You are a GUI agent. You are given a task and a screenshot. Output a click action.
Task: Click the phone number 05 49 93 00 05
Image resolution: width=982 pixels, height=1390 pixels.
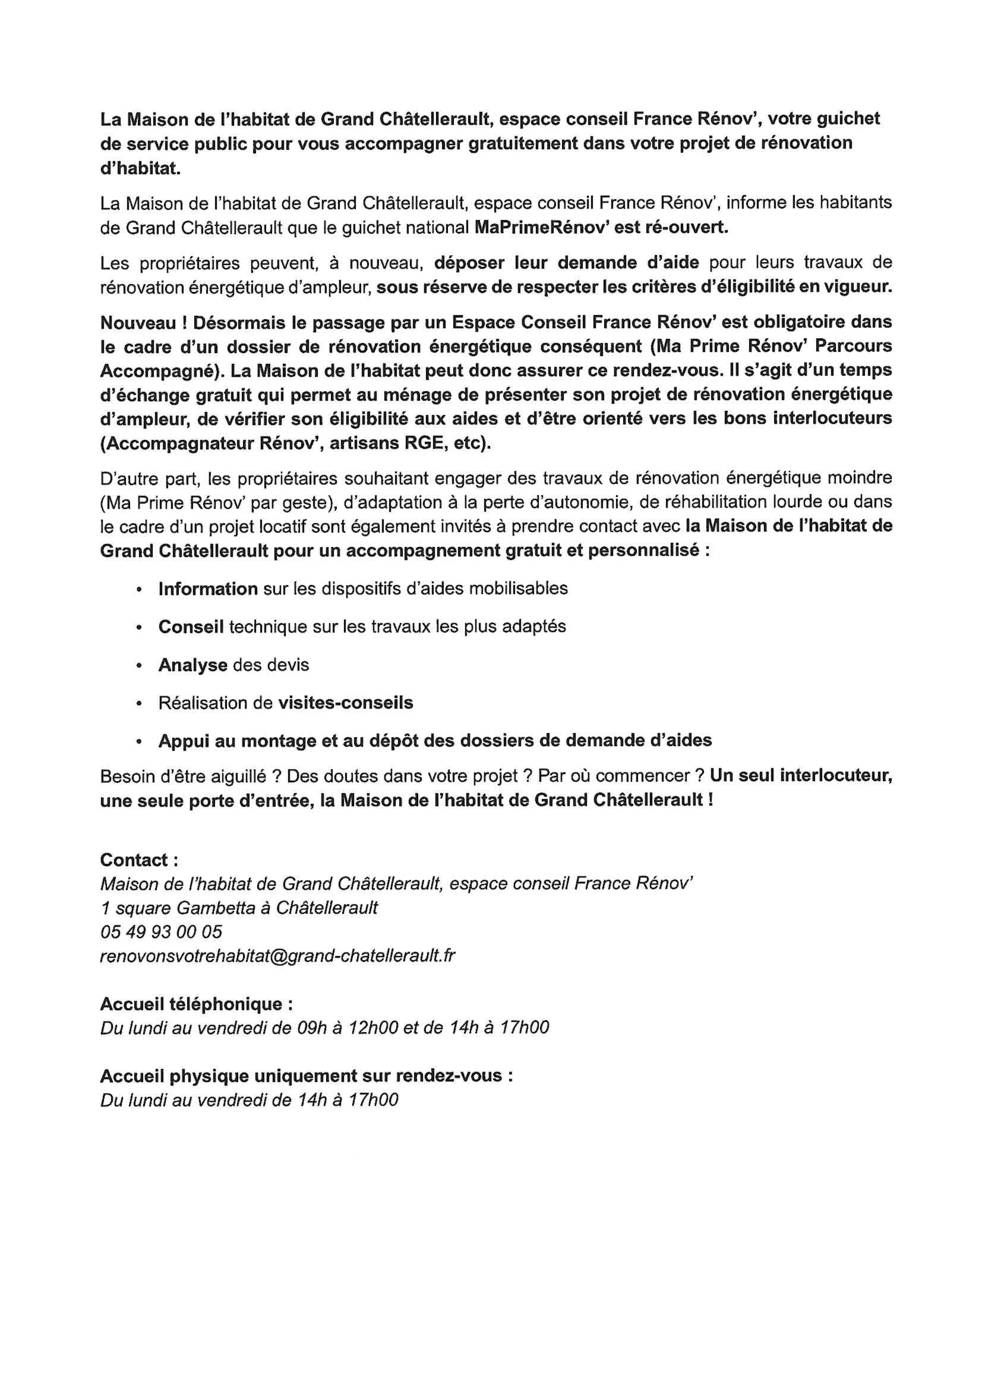[x=161, y=931]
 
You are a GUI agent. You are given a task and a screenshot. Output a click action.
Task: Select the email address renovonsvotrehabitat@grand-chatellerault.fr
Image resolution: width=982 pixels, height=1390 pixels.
[x=277, y=955]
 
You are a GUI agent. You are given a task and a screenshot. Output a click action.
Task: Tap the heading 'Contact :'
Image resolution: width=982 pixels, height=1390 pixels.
[x=138, y=860]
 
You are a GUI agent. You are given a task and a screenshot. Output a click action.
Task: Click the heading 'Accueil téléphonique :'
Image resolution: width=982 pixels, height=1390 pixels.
[x=196, y=1004]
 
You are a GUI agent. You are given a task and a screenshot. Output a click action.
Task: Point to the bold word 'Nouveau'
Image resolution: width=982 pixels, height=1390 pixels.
[x=138, y=323]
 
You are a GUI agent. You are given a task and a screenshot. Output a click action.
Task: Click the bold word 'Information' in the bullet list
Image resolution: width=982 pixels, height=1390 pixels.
[x=207, y=589]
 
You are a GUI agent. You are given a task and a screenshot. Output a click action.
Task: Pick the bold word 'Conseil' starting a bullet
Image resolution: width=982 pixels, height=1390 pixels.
[x=191, y=627]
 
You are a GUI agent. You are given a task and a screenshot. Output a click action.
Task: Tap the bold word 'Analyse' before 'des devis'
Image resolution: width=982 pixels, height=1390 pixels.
[x=193, y=665]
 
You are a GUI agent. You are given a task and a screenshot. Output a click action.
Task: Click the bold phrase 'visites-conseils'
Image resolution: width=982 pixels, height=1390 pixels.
[x=346, y=702]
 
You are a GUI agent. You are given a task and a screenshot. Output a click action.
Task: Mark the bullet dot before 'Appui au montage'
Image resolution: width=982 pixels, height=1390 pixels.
[x=139, y=741]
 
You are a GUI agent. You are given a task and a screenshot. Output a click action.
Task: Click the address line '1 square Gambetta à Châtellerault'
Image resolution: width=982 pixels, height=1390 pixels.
[x=239, y=907]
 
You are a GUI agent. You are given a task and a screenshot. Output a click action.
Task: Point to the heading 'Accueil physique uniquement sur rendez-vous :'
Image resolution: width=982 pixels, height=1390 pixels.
[x=306, y=1076]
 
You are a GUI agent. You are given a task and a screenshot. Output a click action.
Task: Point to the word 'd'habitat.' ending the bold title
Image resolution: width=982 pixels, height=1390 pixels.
[x=140, y=168]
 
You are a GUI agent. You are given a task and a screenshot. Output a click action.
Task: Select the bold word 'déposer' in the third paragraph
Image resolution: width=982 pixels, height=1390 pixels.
[x=469, y=263]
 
